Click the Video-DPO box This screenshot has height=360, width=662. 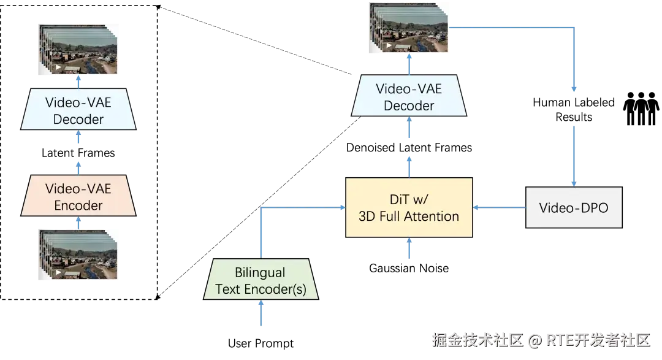tap(574, 208)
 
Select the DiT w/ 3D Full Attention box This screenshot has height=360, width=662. tap(409, 208)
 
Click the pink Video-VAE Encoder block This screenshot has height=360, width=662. tap(78, 197)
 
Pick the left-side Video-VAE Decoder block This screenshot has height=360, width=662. tap(78, 110)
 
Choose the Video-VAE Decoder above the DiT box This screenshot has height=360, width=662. tap(409, 97)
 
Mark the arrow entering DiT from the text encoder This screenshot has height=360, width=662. tap(300, 208)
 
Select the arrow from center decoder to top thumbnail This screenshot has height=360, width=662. tap(409, 65)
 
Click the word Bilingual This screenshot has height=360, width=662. tap(261, 272)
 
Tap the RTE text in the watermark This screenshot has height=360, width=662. tap(558, 340)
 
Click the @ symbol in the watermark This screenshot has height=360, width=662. tap(535, 340)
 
